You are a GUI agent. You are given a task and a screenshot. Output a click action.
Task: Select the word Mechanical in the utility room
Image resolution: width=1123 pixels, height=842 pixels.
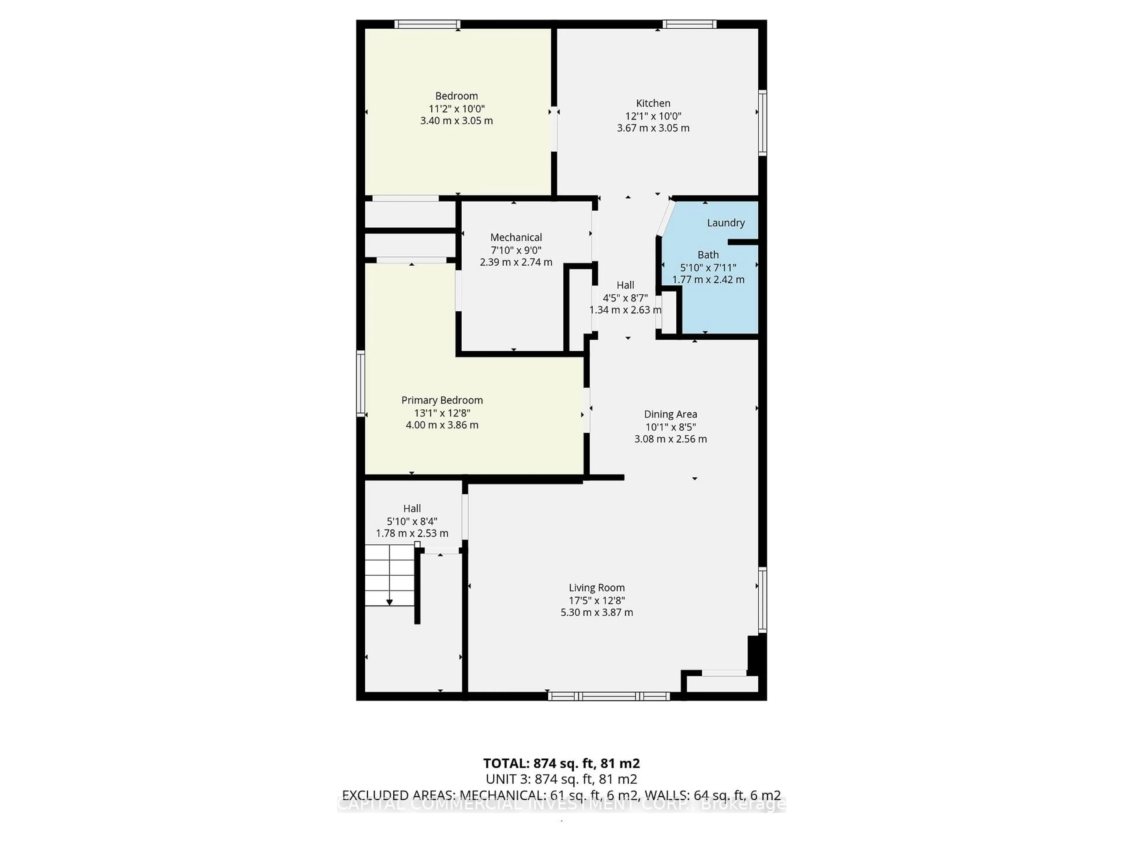click(x=516, y=237)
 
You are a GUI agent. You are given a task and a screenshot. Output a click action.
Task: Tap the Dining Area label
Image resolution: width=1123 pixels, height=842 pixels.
click(x=670, y=414)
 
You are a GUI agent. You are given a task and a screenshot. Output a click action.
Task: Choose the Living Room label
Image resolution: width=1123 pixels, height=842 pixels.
click(x=597, y=588)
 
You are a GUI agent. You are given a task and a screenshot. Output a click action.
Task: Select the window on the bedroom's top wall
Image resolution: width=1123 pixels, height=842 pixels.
click(x=428, y=24)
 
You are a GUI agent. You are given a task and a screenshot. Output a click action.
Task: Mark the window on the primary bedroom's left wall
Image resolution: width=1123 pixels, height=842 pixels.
click(x=361, y=383)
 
